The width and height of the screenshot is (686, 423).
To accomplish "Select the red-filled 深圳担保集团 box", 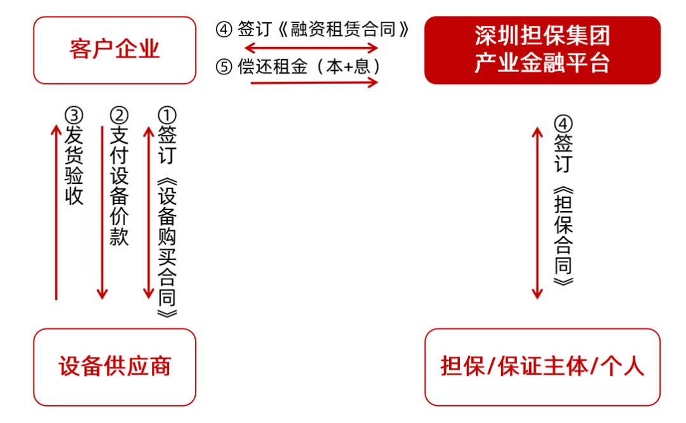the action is pyautogui.click(x=542, y=50).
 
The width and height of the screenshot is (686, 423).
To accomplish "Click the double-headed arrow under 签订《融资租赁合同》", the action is pyautogui.click(x=311, y=47).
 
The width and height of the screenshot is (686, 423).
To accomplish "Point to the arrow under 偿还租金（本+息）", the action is pyautogui.click(x=314, y=83).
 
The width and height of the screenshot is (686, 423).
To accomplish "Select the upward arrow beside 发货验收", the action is pyautogui.click(x=56, y=212).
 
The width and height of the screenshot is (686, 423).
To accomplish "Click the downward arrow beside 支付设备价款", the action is pyautogui.click(x=102, y=212).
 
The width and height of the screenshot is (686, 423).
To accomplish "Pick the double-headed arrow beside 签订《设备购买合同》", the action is pyautogui.click(x=148, y=212).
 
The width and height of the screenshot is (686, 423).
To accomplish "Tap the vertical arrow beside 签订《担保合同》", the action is pyautogui.click(x=537, y=213).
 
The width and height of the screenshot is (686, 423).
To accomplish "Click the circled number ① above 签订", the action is pyautogui.click(x=166, y=116).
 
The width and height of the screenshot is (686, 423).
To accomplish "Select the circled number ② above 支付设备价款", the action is pyautogui.click(x=119, y=116).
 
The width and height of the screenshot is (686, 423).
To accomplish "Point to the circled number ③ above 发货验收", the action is pyautogui.click(x=74, y=116).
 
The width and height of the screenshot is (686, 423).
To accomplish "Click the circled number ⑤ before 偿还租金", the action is pyautogui.click(x=224, y=67).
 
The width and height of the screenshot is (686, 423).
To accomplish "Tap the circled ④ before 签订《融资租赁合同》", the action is pyautogui.click(x=224, y=30).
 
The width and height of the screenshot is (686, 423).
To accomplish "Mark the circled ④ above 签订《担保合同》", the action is pyautogui.click(x=563, y=124).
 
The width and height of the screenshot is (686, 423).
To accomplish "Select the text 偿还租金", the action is pyautogui.click(x=272, y=67).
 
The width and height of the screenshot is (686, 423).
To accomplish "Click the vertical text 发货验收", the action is pyautogui.click(x=74, y=165).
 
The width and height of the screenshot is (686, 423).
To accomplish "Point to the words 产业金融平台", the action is pyautogui.click(x=542, y=63).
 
